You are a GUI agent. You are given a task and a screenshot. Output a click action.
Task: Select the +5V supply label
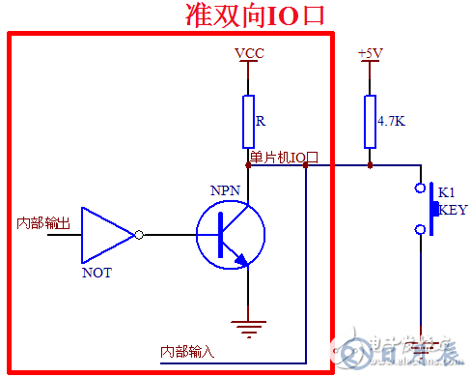(x=369, y=53)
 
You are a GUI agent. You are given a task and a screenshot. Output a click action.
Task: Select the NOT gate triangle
(x=106, y=234)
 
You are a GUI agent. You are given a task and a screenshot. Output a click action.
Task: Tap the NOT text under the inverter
(x=97, y=273)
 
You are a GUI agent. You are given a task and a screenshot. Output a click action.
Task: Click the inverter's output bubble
(x=141, y=234)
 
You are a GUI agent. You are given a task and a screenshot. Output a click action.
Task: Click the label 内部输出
(x=43, y=223)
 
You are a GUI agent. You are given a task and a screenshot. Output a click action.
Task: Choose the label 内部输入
(x=187, y=351)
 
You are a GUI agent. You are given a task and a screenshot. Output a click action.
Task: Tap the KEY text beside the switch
(x=453, y=208)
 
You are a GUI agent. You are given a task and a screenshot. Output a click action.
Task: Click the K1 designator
(x=447, y=191)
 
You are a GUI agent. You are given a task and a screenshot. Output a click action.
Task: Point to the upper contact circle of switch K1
(x=420, y=187)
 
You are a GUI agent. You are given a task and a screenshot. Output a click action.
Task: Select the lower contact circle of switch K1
(x=420, y=229)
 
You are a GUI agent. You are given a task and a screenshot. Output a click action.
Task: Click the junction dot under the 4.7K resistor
(x=369, y=165)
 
